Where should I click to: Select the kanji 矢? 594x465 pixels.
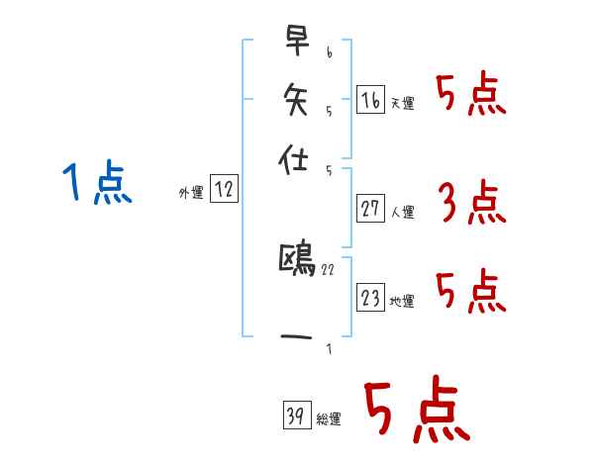tap(297, 99)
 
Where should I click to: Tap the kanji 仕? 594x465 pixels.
tap(297, 156)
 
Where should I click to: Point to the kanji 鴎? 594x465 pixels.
tap(297, 261)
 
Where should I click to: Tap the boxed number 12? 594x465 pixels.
tap(225, 190)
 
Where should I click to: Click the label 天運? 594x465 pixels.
tap(402, 103)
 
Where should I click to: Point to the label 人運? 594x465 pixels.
tap(402, 212)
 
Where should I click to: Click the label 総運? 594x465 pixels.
tap(328, 419)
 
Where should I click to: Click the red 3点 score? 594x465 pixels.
tap(471, 203)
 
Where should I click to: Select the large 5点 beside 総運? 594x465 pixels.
tap(416, 411)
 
